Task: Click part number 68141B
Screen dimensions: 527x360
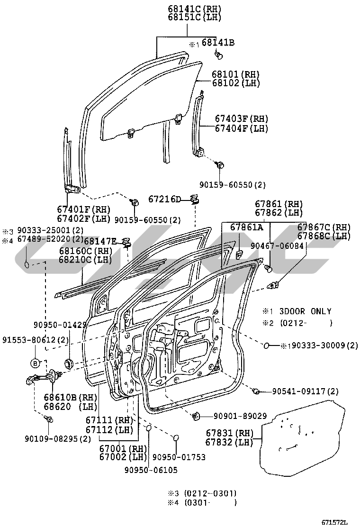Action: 218,43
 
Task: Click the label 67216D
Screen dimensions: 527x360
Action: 164,199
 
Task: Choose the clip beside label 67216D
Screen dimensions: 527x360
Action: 194,199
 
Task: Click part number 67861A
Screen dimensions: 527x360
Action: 246,227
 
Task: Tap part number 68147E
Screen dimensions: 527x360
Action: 100,241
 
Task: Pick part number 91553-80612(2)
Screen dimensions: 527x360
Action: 35,340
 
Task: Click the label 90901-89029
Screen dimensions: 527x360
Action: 234,416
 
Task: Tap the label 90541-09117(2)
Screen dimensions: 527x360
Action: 306,391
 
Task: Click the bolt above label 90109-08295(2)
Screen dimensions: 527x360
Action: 48,419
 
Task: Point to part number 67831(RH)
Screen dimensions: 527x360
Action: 230,433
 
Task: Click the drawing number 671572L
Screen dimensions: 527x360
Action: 334,522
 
